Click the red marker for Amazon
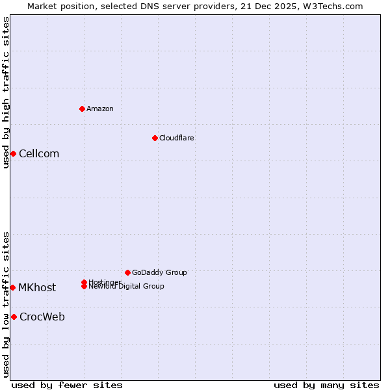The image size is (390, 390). click(x=82, y=109)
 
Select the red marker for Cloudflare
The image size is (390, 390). click(x=155, y=138)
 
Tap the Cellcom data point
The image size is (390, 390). click(x=13, y=153)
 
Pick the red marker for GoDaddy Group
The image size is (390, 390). click(x=127, y=272)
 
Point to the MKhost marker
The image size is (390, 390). click(x=12, y=287)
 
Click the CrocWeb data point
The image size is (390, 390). click(x=14, y=317)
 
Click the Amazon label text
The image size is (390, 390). click(x=99, y=109)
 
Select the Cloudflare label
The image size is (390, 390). click(x=176, y=138)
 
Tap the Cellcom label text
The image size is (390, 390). click(x=39, y=154)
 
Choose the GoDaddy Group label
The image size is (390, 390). click(x=159, y=273)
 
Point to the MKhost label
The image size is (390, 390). click(x=37, y=288)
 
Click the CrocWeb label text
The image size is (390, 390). click(x=42, y=317)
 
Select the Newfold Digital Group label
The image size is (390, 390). click(x=126, y=287)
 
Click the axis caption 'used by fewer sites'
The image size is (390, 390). click(x=67, y=385)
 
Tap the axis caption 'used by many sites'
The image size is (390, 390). click(x=326, y=385)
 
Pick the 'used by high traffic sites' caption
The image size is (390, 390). click(x=6, y=92)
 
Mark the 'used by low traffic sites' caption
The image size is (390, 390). click(x=6, y=304)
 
